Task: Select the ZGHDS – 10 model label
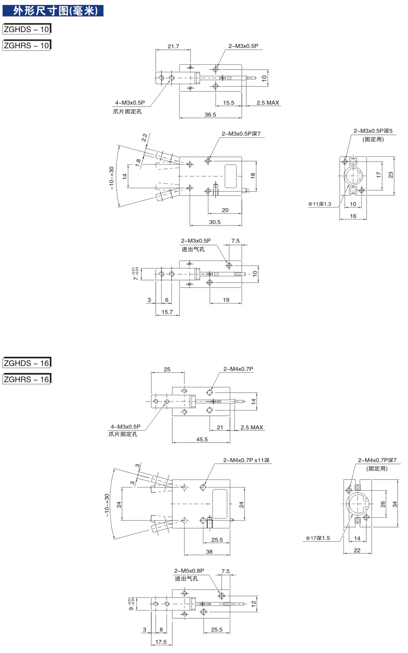(27, 29)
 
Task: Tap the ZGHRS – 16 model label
(27, 379)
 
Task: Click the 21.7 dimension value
(174, 46)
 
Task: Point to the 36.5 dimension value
(210, 115)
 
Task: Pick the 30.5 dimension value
(215, 222)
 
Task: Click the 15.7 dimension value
(167, 312)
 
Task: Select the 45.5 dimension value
(202, 439)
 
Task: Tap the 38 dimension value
(209, 552)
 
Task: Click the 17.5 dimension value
(161, 642)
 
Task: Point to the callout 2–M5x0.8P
(189, 571)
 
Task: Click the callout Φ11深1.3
(320, 204)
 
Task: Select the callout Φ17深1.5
(318, 538)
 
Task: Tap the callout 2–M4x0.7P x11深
(246, 460)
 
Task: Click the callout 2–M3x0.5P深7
(241, 134)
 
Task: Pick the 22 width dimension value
(357, 550)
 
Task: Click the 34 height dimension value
(395, 504)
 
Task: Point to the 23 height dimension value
(390, 175)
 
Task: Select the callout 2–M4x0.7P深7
(377, 460)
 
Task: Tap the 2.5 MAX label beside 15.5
(268, 103)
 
